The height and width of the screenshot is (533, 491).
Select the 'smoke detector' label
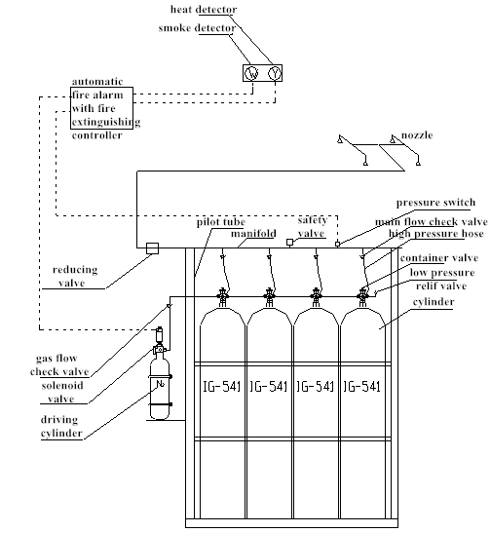point(198,29)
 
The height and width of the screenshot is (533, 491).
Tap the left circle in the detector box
point(251,74)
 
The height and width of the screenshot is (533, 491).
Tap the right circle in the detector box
point(274,74)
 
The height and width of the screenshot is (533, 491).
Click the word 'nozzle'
point(418,133)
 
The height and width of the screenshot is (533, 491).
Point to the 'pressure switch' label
point(436,203)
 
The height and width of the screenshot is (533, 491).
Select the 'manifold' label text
point(252,235)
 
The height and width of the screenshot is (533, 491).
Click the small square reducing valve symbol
point(151,247)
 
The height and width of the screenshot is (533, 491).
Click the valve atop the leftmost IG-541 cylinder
point(222,295)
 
